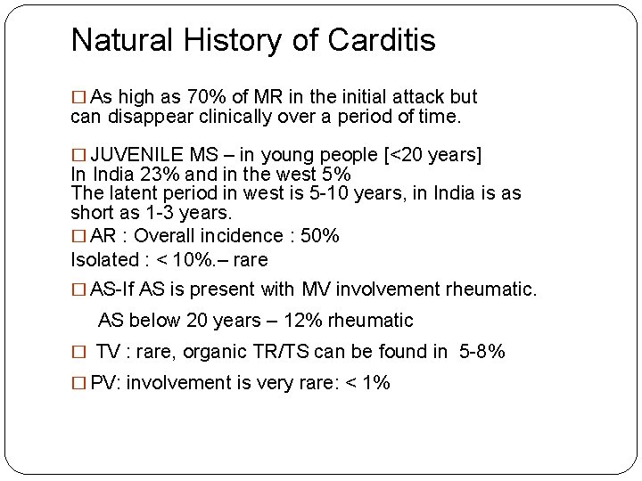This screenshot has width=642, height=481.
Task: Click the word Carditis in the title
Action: pos(382,40)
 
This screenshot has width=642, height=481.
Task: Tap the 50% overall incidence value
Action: pos(318,236)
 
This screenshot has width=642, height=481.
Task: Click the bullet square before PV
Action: pos(78,384)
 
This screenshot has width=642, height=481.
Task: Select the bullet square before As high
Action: pos(78,97)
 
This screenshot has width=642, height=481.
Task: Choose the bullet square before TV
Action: pos(78,352)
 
